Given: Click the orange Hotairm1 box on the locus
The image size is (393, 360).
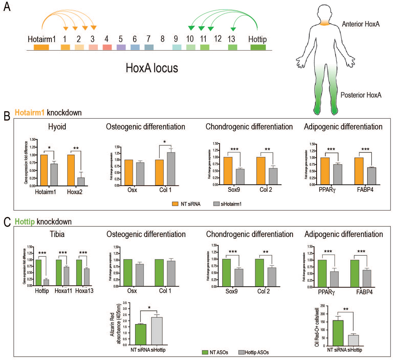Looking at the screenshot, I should point(41,47).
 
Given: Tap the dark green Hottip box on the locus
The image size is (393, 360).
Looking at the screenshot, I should point(258,47).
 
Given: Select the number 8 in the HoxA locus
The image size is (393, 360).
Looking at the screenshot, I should point(163,39).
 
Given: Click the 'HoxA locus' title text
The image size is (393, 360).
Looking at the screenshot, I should point(152,68).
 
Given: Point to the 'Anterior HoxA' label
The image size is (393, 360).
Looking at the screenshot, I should point(360,24).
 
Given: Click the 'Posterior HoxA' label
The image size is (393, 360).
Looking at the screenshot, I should point(361,95).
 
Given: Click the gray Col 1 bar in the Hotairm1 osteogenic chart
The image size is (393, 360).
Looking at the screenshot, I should point(171,169).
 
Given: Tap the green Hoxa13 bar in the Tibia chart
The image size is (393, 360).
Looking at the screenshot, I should point(79,273).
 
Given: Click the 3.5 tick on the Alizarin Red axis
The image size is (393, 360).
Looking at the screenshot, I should point(125,303).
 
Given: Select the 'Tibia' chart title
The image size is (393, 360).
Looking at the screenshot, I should point(57,234).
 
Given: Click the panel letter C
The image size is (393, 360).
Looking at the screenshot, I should point(7,222).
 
